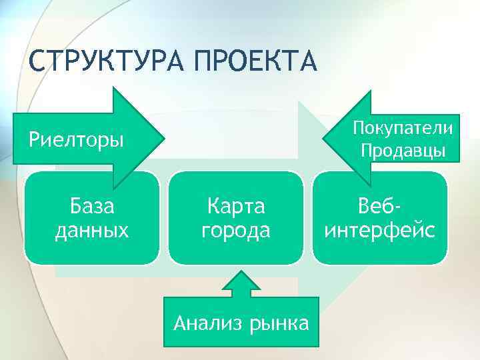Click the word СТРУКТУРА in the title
(x=106, y=62)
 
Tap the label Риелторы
(x=76, y=141)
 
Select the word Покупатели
(x=403, y=127)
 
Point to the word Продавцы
(x=403, y=150)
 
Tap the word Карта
(x=236, y=207)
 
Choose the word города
(x=236, y=231)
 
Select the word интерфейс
(x=380, y=231)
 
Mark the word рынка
(x=279, y=324)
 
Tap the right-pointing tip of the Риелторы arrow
(x=162, y=140)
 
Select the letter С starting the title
(x=37, y=62)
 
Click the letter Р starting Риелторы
(x=33, y=141)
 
